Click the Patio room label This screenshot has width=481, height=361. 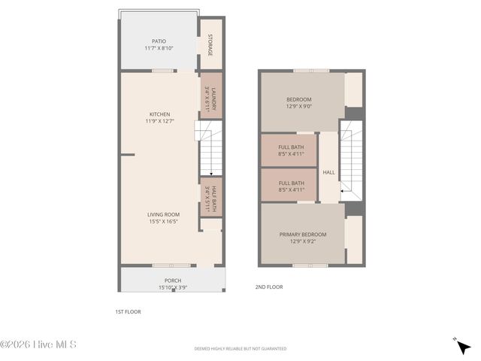159,41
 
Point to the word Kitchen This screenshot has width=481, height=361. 159,114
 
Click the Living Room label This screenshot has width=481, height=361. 163,214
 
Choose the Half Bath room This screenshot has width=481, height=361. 210,197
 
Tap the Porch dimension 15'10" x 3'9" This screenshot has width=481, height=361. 173,287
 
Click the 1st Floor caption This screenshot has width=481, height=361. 128,311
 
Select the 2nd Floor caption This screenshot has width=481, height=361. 268,287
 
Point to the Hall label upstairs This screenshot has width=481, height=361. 328,172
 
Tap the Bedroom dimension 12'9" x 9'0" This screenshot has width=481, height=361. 298,107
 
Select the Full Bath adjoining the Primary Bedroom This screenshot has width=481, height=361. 291,186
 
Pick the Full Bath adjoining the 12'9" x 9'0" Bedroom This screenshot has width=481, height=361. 291,150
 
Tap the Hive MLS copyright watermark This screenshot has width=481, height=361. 38,345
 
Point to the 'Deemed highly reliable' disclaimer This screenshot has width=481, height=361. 240,349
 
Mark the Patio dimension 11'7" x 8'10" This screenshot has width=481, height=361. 159,48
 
